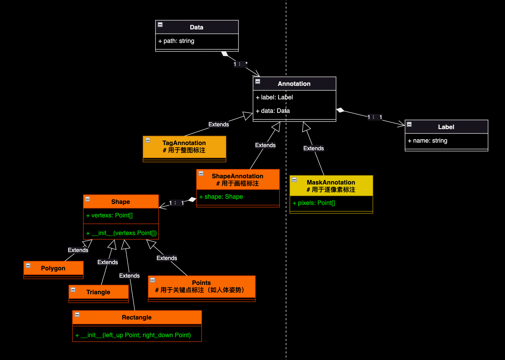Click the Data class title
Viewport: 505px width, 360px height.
click(x=196, y=27)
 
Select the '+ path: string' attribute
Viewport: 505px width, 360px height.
click(x=176, y=41)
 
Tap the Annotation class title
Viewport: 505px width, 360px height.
click(x=294, y=84)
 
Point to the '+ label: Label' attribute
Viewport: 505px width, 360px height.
click(x=274, y=97)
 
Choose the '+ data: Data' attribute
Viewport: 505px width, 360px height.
click(x=273, y=111)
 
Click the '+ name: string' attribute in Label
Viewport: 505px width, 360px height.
click(x=428, y=141)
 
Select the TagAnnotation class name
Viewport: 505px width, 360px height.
click(x=184, y=143)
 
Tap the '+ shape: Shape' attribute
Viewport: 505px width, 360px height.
click(x=221, y=197)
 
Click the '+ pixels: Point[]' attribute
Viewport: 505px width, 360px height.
click(x=314, y=203)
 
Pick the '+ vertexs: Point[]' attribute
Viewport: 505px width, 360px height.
click(x=109, y=215)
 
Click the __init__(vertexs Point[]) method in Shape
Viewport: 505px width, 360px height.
click(x=121, y=233)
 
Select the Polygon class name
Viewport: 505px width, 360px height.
click(x=53, y=268)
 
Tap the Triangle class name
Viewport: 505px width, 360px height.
click(x=98, y=292)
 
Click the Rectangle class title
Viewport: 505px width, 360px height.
click(x=137, y=317)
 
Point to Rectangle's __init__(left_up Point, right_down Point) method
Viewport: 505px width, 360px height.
click(x=133, y=335)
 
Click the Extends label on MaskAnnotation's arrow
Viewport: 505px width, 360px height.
click(x=313, y=148)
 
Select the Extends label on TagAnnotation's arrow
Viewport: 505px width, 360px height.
click(x=219, y=125)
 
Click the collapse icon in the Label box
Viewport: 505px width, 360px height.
click(x=409, y=124)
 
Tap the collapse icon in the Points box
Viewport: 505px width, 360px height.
click(x=153, y=280)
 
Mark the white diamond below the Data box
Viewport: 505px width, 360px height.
click(x=225, y=54)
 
